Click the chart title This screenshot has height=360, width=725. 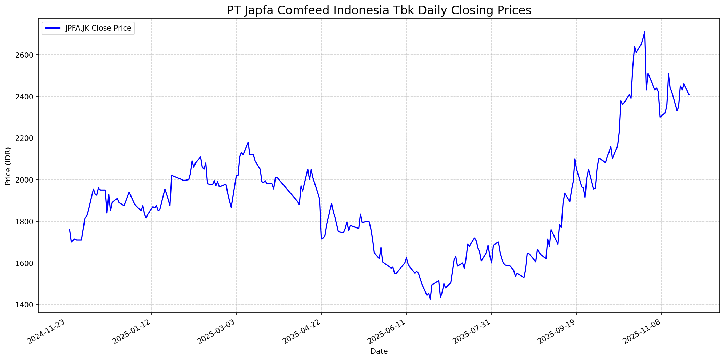(379, 10)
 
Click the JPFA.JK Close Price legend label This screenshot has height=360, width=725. (98, 28)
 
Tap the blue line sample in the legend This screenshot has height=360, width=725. (52, 28)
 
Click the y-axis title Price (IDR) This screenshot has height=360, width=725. (8, 166)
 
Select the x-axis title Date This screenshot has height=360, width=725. (379, 351)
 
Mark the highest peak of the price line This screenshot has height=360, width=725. (645, 32)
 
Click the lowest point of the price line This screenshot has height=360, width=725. (430, 299)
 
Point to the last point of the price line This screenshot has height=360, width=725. (689, 94)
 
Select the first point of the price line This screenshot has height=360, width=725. (70, 230)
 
